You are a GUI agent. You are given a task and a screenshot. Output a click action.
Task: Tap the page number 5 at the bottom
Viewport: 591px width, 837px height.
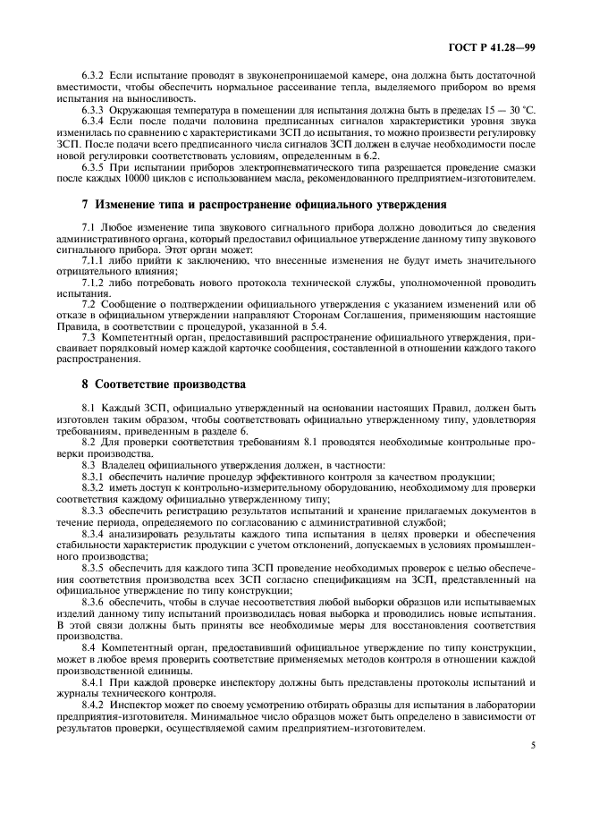pos(531,744)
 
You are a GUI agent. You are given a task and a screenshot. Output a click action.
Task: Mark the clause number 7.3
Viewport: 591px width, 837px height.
pos(89,337)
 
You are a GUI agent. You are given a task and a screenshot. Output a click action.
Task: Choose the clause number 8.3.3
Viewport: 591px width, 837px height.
pos(94,510)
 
